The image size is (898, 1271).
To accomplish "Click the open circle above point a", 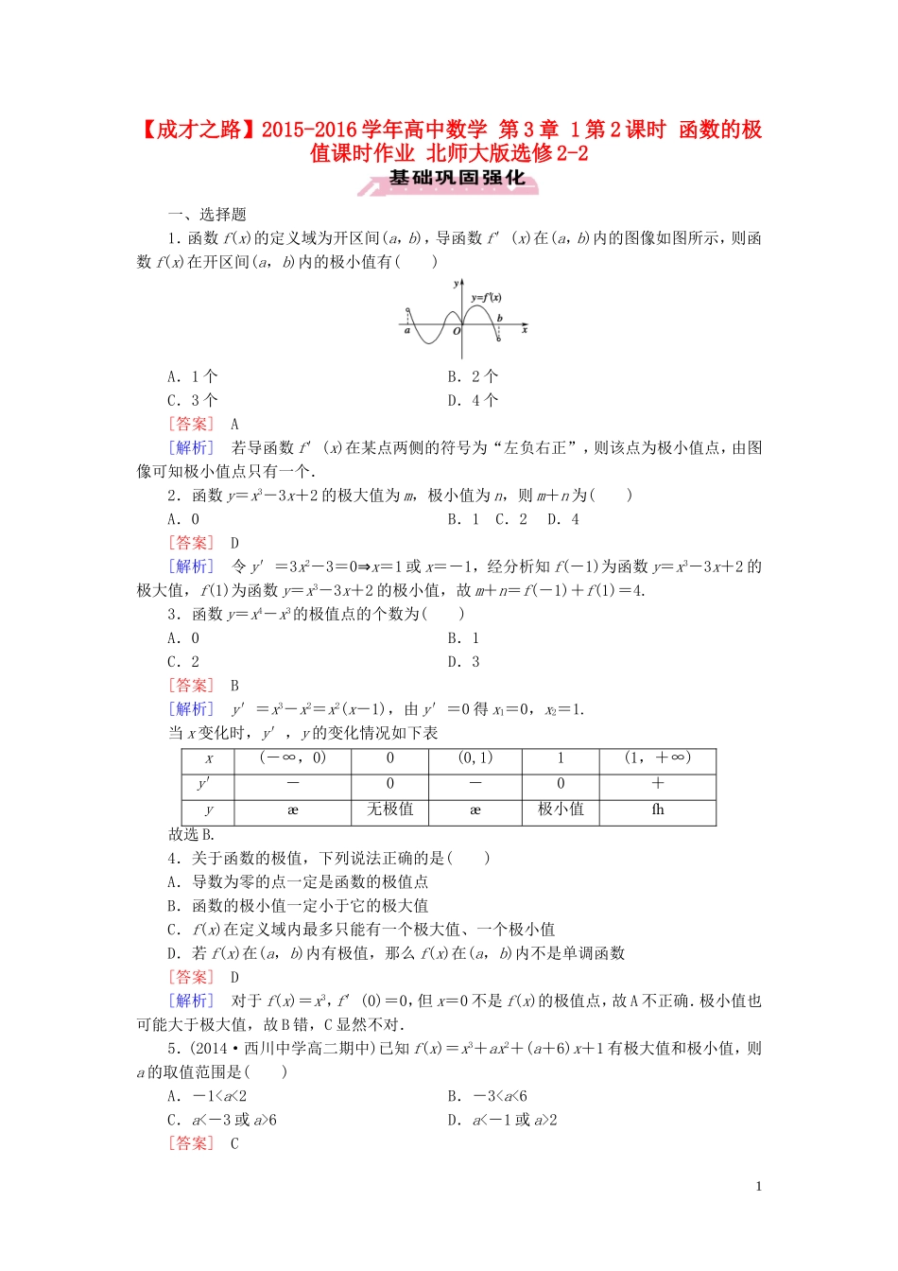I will point(407,310).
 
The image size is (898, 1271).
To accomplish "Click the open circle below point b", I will point(499,340).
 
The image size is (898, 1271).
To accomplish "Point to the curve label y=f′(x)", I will point(486,298).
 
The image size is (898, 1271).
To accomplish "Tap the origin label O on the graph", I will point(457,332).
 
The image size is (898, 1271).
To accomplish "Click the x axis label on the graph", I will point(524,330).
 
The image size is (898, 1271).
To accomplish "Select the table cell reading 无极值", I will point(389,810).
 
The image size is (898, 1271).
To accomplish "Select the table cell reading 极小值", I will point(561,810).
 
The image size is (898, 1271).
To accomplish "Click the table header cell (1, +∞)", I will point(658,757).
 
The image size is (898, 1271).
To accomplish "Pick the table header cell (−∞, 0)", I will point(292,757).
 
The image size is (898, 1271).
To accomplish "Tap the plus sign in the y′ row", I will point(658,783).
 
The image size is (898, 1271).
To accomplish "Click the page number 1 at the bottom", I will point(758,1187).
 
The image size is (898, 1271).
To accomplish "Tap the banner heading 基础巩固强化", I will point(457,178).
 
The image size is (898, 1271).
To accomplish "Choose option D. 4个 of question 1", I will point(473,400).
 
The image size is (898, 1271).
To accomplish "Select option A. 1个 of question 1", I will point(193,376).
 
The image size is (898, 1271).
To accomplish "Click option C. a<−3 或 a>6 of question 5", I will point(222,1121).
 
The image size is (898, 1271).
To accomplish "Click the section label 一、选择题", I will point(207,215).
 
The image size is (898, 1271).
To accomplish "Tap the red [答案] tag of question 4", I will point(191,977).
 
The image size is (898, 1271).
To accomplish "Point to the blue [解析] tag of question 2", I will point(191,566).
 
